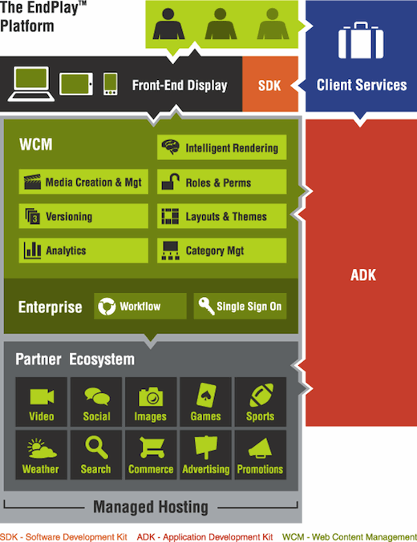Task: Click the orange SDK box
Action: [x=270, y=84]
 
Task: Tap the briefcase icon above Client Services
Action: [x=361, y=41]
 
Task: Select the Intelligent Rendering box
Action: [x=221, y=147]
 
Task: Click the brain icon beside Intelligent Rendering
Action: [x=170, y=147]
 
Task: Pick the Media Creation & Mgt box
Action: [x=83, y=182]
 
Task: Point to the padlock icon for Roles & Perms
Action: [x=170, y=181]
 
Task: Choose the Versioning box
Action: [x=83, y=216]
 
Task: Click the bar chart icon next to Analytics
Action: [x=33, y=250]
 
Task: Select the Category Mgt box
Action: [x=221, y=251]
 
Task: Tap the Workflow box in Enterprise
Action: [x=140, y=307]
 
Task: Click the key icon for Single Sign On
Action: [x=206, y=306]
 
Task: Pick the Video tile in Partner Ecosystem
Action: [x=41, y=402]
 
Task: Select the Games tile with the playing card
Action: [x=206, y=402]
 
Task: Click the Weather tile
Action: [x=41, y=455]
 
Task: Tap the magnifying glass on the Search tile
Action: [x=96, y=448]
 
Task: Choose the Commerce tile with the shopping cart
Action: [x=151, y=455]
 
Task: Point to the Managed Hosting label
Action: [x=151, y=508]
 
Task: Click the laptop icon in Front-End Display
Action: [x=30, y=84]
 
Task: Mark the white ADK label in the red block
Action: [x=363, y=275]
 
